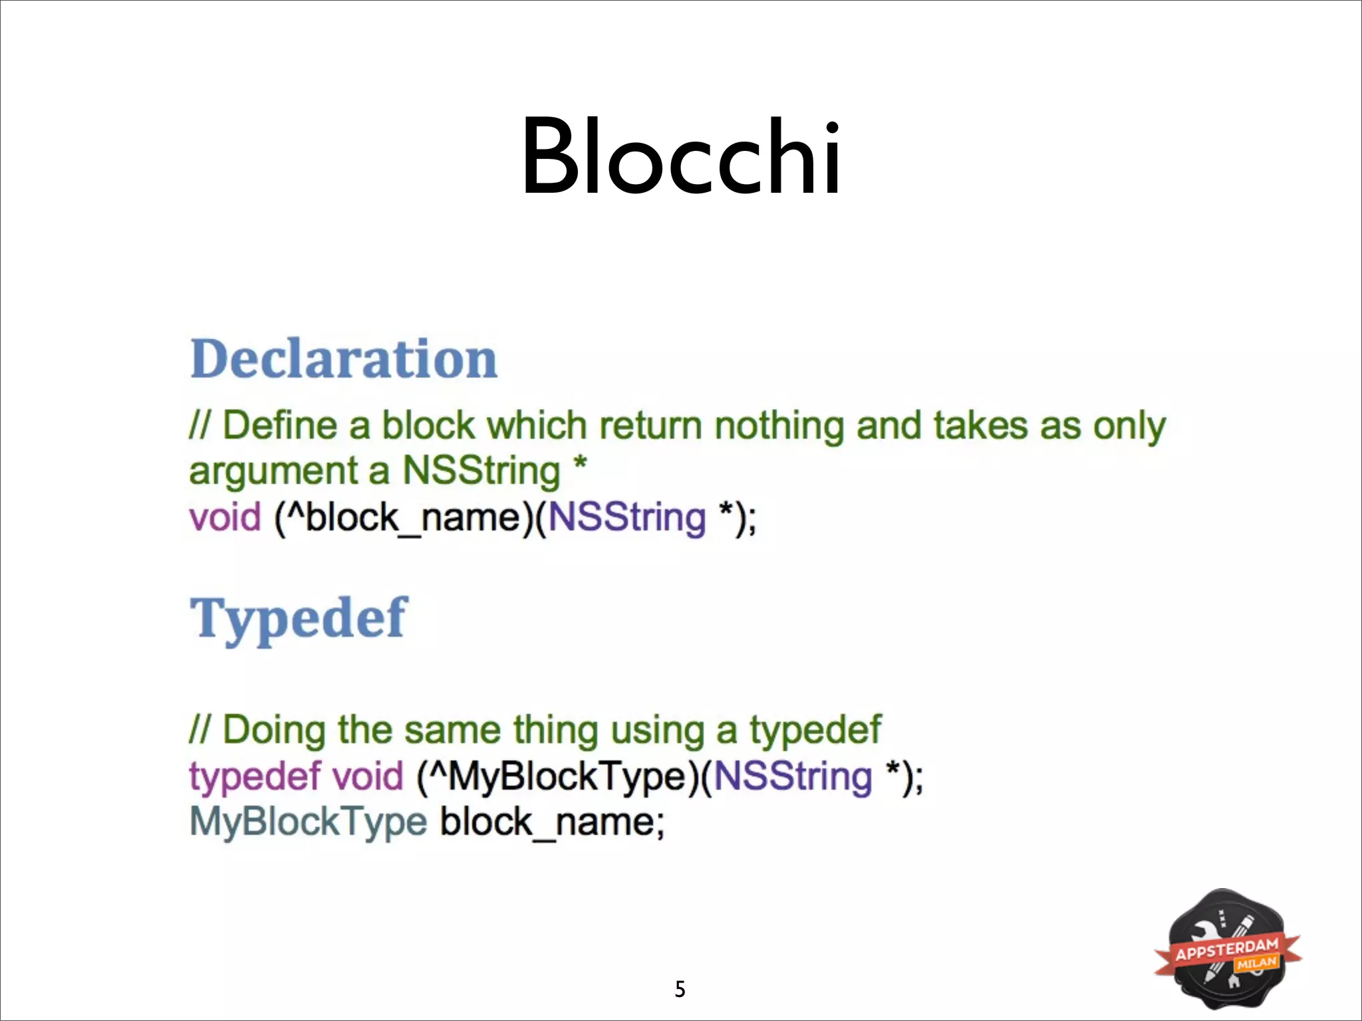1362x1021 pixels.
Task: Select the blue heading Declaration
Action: coord(343,359)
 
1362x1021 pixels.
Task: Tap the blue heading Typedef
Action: coord(299,618)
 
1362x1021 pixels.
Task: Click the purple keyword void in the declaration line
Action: coord(225,517)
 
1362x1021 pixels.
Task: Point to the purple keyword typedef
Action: coord(255,776)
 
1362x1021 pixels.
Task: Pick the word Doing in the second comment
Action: coord(274,730)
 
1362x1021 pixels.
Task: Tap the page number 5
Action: coord(680,989)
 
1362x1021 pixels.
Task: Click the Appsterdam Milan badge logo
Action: coord(1228,949)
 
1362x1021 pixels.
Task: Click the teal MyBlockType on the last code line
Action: coord(308,822)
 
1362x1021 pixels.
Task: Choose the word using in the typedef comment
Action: coord(657,730)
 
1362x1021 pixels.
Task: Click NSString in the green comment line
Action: coord(481,471)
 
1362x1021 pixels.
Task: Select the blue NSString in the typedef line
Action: coord(792,776)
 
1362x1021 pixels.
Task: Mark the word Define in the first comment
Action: coord(280,425)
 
